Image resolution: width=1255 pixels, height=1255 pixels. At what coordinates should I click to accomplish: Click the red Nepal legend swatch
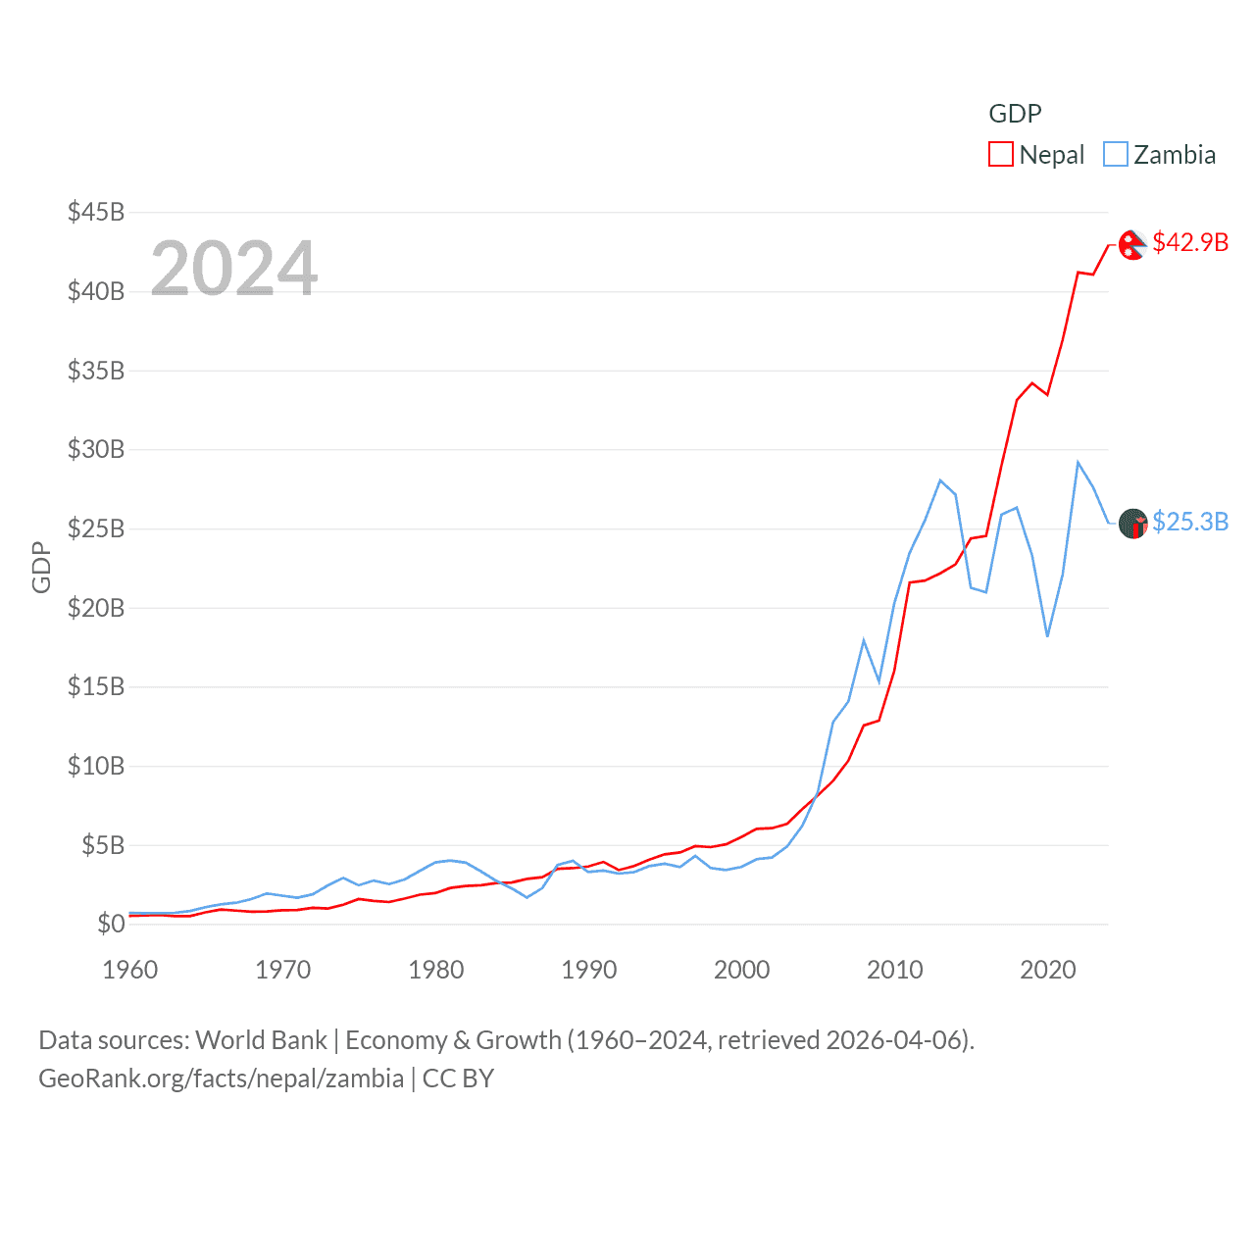(x=1000, y=155)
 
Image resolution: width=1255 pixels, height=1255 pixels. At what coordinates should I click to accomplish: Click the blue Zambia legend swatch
(x=1116, y=155)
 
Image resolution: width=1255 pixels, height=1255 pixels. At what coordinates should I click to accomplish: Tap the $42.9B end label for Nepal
(x=1190, y=242)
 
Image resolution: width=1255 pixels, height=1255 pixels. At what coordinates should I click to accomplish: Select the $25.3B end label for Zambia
(x=1190, y=522)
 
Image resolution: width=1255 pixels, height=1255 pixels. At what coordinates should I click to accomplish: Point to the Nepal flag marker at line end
(x=1132, y=245)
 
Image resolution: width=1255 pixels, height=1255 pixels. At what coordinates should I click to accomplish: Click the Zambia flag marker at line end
(x=1132, y=524)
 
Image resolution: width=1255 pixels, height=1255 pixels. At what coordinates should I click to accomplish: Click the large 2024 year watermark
(x=234, y=269)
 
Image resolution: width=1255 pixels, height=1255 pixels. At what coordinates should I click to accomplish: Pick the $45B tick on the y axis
(x=96, y=212)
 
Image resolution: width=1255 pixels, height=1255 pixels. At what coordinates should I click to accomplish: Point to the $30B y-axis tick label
(x=96, y=449)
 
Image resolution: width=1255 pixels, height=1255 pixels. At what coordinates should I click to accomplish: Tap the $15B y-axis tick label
(x=96, y=686)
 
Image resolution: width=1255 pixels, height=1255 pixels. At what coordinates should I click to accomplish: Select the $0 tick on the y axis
(x=111, y=924)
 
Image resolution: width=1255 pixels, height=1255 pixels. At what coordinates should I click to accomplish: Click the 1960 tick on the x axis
(x=130, y=970)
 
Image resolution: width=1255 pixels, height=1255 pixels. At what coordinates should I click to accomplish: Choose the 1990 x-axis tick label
(x=589, y=970)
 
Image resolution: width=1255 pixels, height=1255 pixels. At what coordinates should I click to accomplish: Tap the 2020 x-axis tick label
(x=1048, y=970)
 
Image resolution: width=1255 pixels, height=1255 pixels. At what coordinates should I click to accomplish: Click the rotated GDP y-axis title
(x=41, y=567)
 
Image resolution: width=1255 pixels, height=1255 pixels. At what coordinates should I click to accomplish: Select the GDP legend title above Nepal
(x=1015, y=114)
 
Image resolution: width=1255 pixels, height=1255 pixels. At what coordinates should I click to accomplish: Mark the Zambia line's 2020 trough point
(x=1047, y=636)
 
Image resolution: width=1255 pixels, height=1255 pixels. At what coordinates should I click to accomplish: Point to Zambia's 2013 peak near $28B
(x=940, y=480)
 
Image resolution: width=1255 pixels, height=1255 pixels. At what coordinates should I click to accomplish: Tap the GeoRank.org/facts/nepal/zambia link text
(x=221, y=1079)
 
